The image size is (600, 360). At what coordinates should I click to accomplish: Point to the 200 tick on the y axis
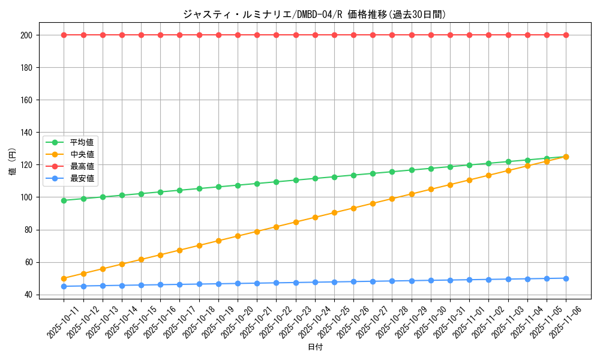click(x=28, y=35)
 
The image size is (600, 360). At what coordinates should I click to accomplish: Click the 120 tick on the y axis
click(x=28, y=165)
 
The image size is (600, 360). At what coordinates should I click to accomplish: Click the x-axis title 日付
click(x=315, y=347)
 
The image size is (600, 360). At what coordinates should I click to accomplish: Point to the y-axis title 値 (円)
click(x=13, y=162)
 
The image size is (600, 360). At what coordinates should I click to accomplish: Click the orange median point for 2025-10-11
click(x=64, y=278)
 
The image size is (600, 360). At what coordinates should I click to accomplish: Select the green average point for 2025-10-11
click(x=64, y=200)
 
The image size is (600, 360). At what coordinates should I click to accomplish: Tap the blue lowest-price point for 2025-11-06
click(x=566, y=278)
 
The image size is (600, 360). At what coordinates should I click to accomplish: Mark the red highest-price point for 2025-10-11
click(x=64, y=35)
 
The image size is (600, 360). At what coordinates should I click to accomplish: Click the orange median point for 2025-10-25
click(x=334, y=212)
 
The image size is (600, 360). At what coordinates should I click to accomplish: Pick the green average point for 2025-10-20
click(x=238, y=185)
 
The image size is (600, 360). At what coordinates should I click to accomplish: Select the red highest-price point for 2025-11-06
click(x=566, y=35)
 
